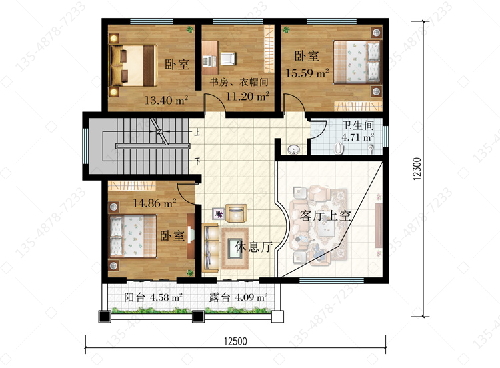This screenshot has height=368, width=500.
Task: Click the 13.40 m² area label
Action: coord(166,101)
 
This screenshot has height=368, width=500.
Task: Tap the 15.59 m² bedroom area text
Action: coord(307,73)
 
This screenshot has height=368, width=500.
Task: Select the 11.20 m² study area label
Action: coord(247,96)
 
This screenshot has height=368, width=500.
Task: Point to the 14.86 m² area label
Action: coord(155,203)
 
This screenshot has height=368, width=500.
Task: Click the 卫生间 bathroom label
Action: coord(357,125)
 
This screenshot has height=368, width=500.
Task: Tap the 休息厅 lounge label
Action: coord(254,247)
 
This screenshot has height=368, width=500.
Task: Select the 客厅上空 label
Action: coord(325,216)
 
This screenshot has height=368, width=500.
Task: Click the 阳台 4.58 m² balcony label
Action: coord(153,297)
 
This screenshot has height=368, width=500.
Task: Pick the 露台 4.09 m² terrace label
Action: coord(238,297)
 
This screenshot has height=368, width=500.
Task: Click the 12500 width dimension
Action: coord(235,341)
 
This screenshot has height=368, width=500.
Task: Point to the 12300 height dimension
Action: coord(417,169)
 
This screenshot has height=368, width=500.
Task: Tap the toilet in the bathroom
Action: coord(339,148)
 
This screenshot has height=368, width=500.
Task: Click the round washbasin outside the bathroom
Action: coord(293,149)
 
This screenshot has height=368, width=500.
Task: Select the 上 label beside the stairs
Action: coord(197,131)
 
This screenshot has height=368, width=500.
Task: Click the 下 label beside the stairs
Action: coord(197,161)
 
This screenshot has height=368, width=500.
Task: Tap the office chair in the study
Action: coord(228,59)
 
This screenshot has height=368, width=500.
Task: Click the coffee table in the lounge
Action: coord(235,249)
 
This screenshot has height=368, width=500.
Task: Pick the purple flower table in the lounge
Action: coord(219,213)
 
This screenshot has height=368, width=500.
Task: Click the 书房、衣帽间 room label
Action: coord(239,82)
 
